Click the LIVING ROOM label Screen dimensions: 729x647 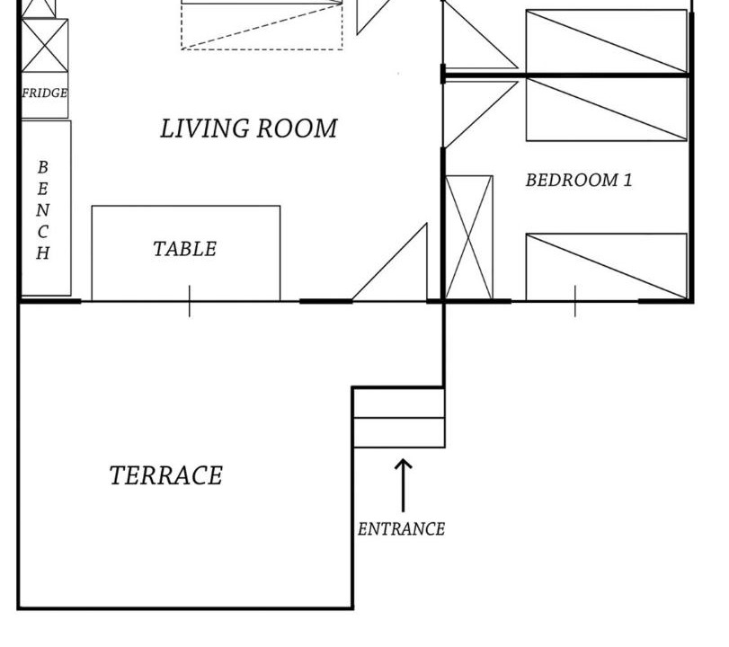coord(249,129)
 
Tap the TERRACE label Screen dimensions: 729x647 coord(166,475)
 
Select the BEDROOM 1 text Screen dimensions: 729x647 coord(579,180)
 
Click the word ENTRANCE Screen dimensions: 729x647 coord(401,529)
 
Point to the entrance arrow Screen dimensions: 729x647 coord(403,485)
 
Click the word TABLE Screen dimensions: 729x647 coord(184,249)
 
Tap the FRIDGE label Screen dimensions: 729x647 coord(45,93)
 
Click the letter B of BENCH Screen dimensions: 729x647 coord(43,167)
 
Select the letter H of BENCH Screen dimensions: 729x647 coord(43,253)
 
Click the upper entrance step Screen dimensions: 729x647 coord(399,403)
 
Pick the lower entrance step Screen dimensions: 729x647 coord(399,433)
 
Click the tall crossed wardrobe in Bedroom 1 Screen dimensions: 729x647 coord(468,237)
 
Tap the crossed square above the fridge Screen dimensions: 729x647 coord(45,46)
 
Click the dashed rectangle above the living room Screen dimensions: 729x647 coord(262,24)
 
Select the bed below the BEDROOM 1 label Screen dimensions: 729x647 coord(606,266)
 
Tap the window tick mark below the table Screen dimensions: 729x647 coord(190,301)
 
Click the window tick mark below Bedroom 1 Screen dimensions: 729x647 coord(575,301)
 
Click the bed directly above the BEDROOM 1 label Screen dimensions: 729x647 coord(606,110)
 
